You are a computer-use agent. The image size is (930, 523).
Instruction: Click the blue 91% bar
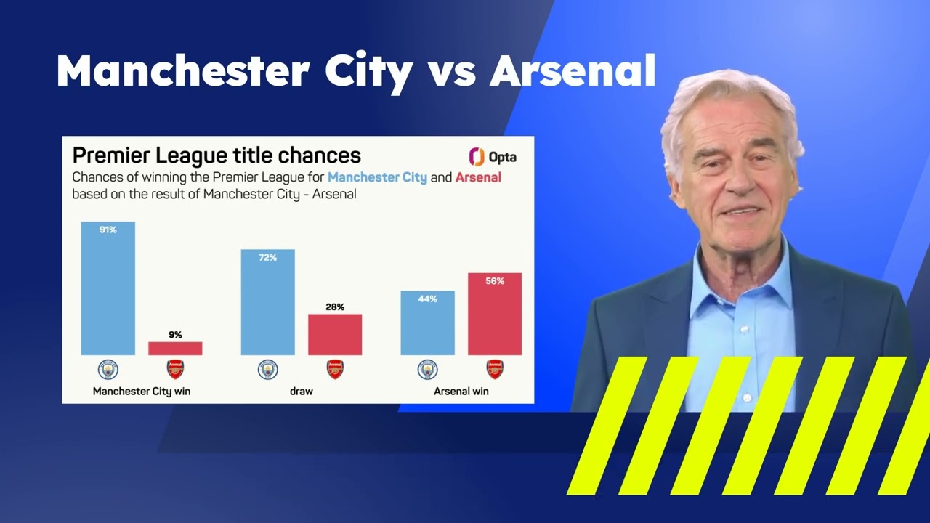click(108, 291)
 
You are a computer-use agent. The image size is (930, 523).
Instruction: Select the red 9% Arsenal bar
click(175, 349)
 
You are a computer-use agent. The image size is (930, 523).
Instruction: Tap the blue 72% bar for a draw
click(267, 305)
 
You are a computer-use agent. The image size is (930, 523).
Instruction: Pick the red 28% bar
click(335, 335)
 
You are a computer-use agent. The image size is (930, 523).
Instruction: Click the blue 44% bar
click(427, 325)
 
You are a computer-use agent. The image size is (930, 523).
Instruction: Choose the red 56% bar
click(495, 317)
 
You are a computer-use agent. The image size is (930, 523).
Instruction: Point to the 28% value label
click(335, 307)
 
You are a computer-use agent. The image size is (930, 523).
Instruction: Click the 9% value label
click(175, 335)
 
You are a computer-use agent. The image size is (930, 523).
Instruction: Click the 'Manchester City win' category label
click(142, 391)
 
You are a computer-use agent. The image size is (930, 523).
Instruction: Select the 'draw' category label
click(302, 391)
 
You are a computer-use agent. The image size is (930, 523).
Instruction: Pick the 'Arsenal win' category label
click(461, 391)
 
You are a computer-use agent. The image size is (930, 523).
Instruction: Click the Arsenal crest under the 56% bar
click(495, 369)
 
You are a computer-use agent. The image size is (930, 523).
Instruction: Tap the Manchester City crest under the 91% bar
click(108, 369)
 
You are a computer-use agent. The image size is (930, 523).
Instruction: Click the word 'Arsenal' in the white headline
click(573, 71)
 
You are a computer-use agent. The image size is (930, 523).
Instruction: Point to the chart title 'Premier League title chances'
click(217, 155)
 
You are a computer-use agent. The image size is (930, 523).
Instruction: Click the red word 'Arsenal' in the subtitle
click(478, 177)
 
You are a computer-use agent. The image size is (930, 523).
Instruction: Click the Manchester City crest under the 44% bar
click(427, 369)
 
